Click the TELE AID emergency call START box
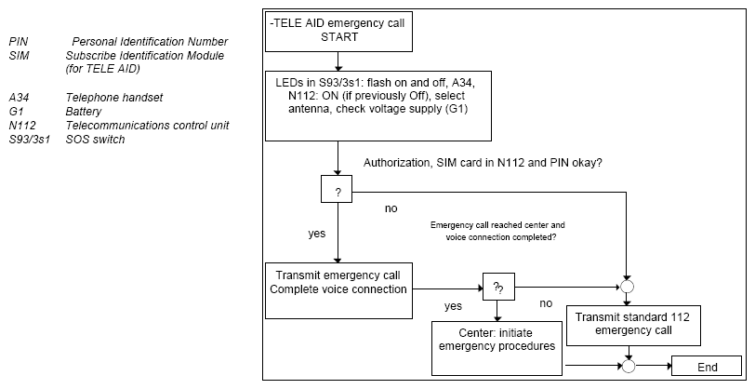(338, 32)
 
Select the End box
(707, 366)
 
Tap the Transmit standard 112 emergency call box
(633, 326)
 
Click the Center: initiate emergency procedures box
(497, 348)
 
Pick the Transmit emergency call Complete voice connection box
(338, 290)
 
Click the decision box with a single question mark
(337, 189)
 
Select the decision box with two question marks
(498, 287)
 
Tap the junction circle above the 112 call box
(627, 287)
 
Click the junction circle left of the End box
(629, 366)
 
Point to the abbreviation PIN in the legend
(19, 42)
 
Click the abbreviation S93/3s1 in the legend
(30, 140)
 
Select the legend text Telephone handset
(114, 98)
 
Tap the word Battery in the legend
(84, 112)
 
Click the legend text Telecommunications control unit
(147, 126)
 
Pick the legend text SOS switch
(95, 140)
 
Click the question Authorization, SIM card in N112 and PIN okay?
(483, 163)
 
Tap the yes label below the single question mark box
(316, 234)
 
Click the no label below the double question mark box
(546, 303)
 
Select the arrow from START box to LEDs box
(338, 61)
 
